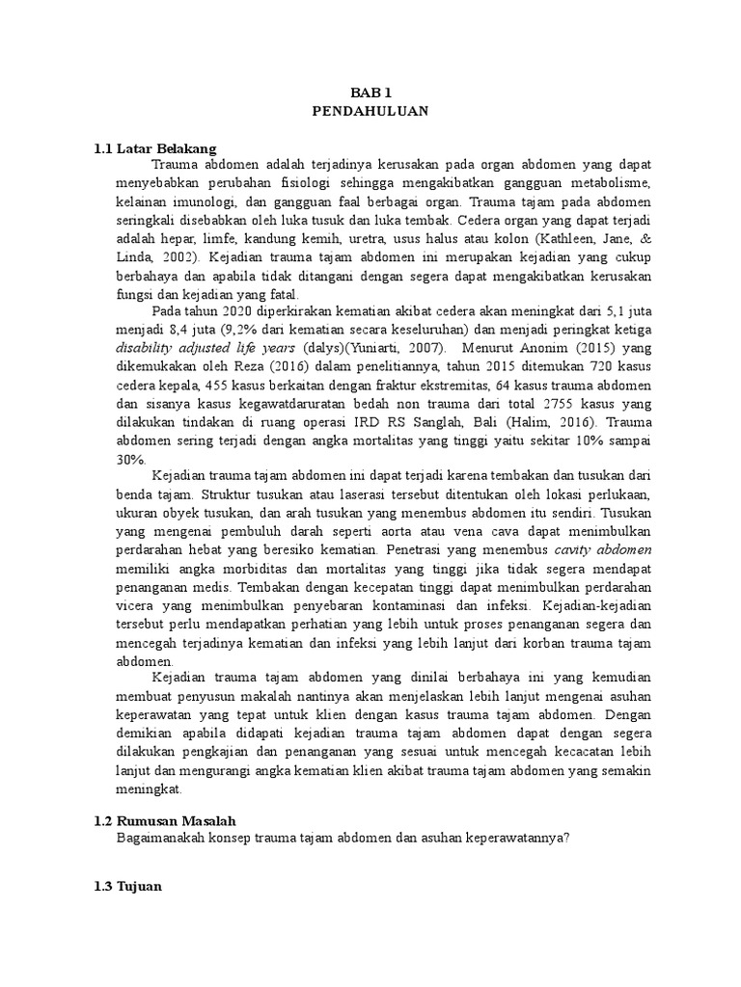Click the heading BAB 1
click(x=370, y=93)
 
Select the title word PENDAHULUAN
click(x=370, y=111)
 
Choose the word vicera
click(x=133, y=605)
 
